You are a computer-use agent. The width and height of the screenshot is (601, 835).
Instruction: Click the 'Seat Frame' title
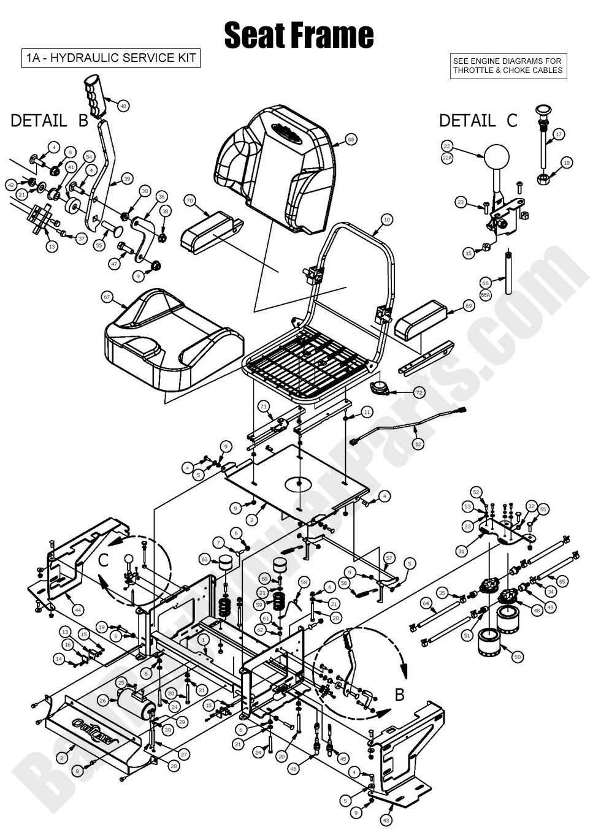click(299, 35)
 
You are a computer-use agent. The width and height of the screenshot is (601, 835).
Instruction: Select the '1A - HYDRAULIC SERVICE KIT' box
click(111, 58)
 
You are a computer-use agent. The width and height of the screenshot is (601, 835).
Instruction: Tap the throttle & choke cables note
click(507, 66)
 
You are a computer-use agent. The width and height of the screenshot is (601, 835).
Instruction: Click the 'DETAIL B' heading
click(50, 121)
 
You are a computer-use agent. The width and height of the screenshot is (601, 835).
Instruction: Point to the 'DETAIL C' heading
click(478, 121)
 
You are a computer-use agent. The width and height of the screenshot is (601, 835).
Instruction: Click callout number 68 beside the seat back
click(350, 139)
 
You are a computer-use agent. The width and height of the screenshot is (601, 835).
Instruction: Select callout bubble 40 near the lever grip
click(123, 105)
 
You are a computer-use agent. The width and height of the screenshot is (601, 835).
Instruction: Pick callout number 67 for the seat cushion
click(107, 297)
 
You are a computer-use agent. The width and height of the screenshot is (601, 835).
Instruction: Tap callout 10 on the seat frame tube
click(386, 219)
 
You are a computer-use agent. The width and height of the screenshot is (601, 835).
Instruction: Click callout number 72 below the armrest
click(419, 392)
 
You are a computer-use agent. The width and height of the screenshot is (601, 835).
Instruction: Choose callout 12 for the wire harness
click(418, 443)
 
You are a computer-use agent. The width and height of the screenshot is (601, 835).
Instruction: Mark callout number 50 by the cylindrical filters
click(518, 657)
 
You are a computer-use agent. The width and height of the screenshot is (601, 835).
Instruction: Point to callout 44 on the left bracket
click(77, 610)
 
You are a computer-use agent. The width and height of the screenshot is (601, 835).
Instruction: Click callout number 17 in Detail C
click(558, 134)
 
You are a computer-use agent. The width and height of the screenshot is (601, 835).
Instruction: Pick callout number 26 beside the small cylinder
click(102, 700)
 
